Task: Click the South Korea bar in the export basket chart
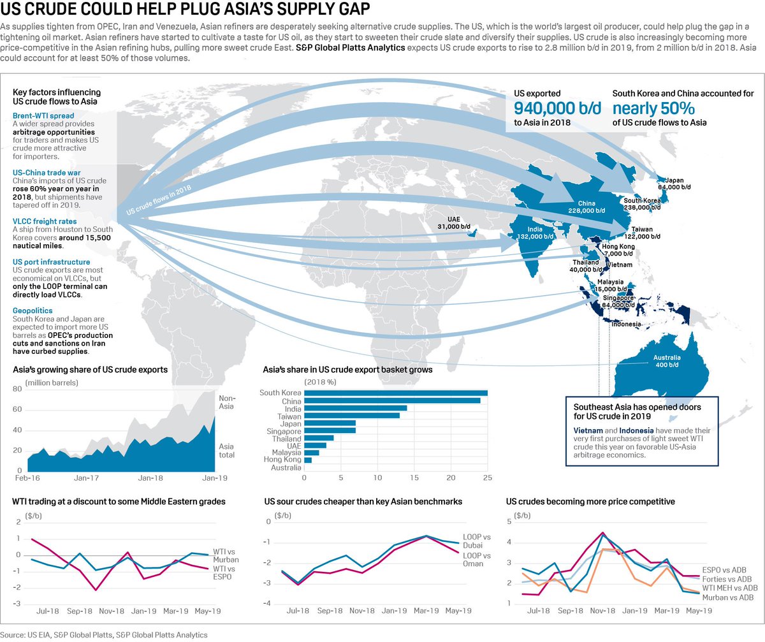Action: (x=395, y=393)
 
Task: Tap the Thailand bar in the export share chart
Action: (x=319, y=438)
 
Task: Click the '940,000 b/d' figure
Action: (x=557, y=108)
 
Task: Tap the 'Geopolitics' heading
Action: (x=33, y=310)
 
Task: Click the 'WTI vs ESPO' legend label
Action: (x=222, y=572)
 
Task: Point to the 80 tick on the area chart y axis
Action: (x=18, y=388)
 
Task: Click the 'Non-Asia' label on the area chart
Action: (x=227, y=402)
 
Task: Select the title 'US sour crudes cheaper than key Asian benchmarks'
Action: (x=363, y=502)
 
